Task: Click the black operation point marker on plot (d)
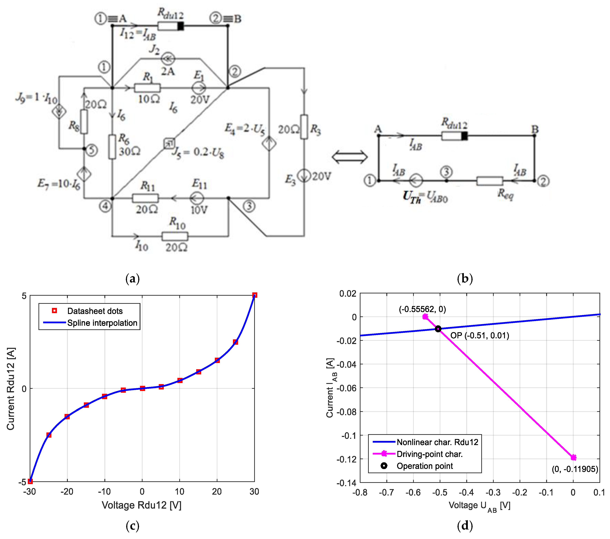click(x=438, y=329)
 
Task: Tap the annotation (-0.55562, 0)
click(x=422, y=309)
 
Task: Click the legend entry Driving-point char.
click(x=430, y=454)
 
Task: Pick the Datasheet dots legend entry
click(x=95, y=311)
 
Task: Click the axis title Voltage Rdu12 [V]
click(x=141, y=505)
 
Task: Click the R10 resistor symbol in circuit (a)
click(x=175, y=236)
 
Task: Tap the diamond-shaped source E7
click(x=84, y=174)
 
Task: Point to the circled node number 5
click(x=92, y=150)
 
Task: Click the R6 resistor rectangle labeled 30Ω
click(x=112, y=147)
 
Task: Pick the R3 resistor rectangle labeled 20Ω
click(x=304, y=127)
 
